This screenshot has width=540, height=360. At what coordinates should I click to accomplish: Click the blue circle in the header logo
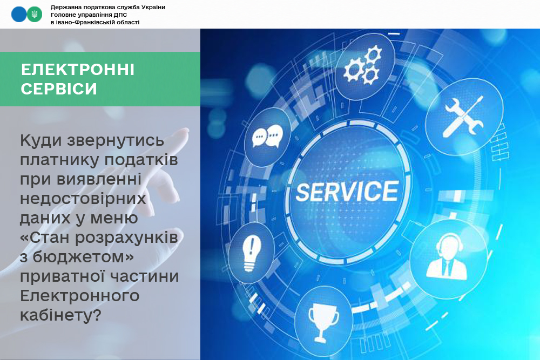19,15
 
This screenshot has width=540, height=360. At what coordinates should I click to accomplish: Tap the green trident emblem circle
35,15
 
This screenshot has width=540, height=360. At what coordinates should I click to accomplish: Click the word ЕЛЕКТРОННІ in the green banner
77,70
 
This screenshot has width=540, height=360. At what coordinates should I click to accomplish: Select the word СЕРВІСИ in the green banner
59,89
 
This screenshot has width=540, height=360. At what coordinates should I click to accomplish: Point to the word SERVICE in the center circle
347,192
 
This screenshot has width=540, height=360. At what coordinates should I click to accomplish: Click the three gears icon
363,65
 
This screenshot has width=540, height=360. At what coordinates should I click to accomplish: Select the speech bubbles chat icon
268,137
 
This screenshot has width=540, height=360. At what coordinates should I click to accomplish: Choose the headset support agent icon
447,256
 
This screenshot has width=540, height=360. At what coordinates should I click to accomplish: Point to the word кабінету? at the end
60,315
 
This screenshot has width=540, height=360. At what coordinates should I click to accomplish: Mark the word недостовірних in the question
83,199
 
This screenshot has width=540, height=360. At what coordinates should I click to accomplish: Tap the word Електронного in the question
79,296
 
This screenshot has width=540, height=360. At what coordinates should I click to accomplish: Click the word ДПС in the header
121,15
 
